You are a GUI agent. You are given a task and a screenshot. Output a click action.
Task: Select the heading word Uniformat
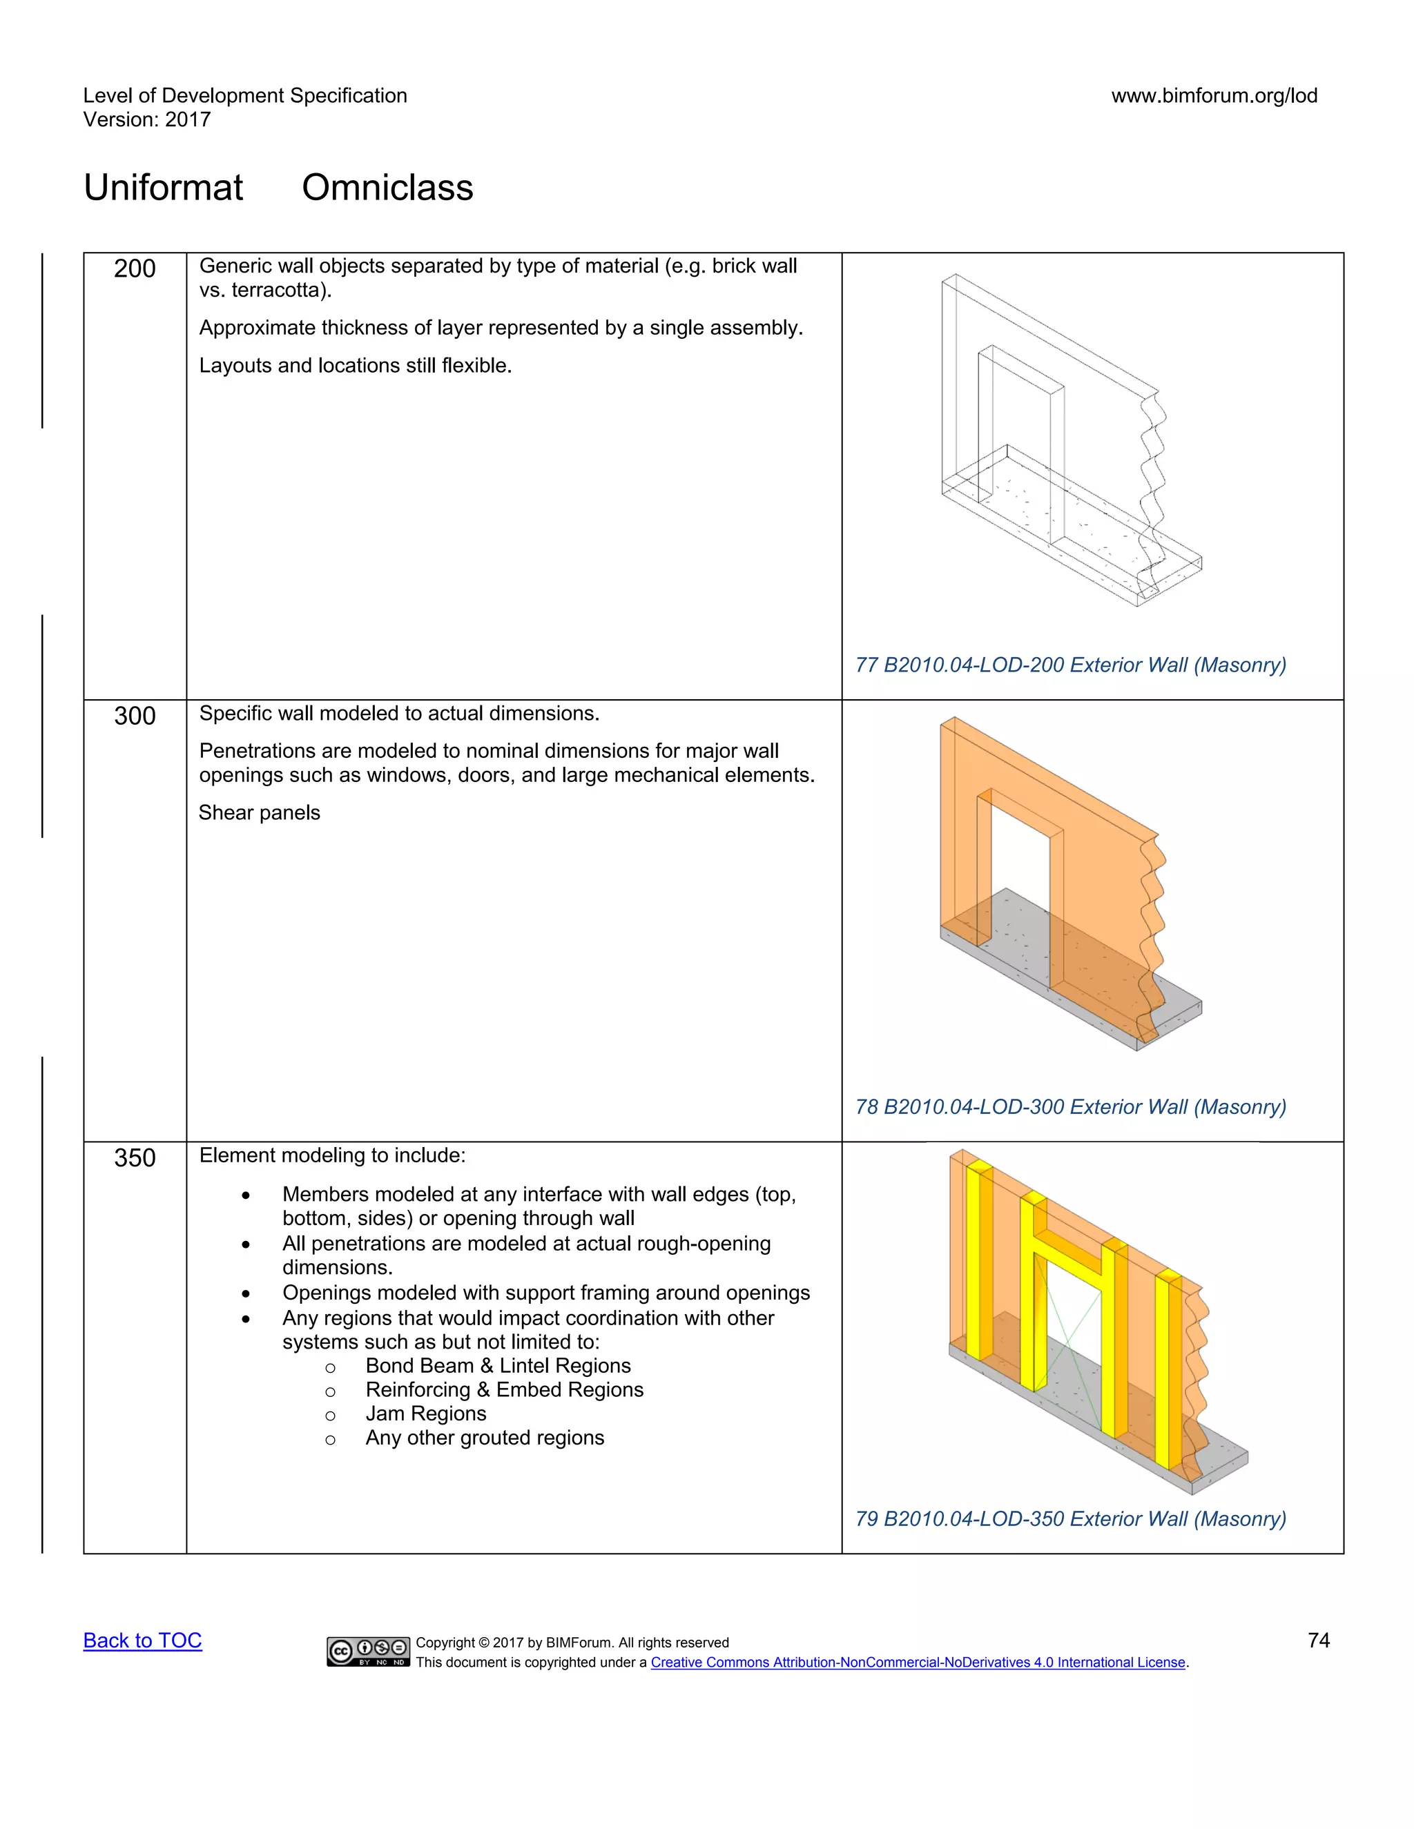164,188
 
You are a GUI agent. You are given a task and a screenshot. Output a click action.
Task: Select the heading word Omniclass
387,188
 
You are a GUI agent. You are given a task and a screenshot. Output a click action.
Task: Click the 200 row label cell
135,268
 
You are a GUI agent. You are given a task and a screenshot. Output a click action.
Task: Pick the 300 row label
135,716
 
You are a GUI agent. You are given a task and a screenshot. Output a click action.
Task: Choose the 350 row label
135,1157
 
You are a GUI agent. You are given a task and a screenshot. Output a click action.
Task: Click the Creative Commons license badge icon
369,1651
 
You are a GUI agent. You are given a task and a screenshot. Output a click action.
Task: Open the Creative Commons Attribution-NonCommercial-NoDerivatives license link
918,1663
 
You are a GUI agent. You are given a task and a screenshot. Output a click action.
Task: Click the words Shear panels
260,812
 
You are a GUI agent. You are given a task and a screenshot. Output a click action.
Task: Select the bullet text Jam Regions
425,1414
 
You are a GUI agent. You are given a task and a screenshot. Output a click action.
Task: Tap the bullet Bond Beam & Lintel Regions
498,1366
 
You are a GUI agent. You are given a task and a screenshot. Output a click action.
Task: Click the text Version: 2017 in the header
146,120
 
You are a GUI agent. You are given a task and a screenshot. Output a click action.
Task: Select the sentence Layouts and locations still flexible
355,366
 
